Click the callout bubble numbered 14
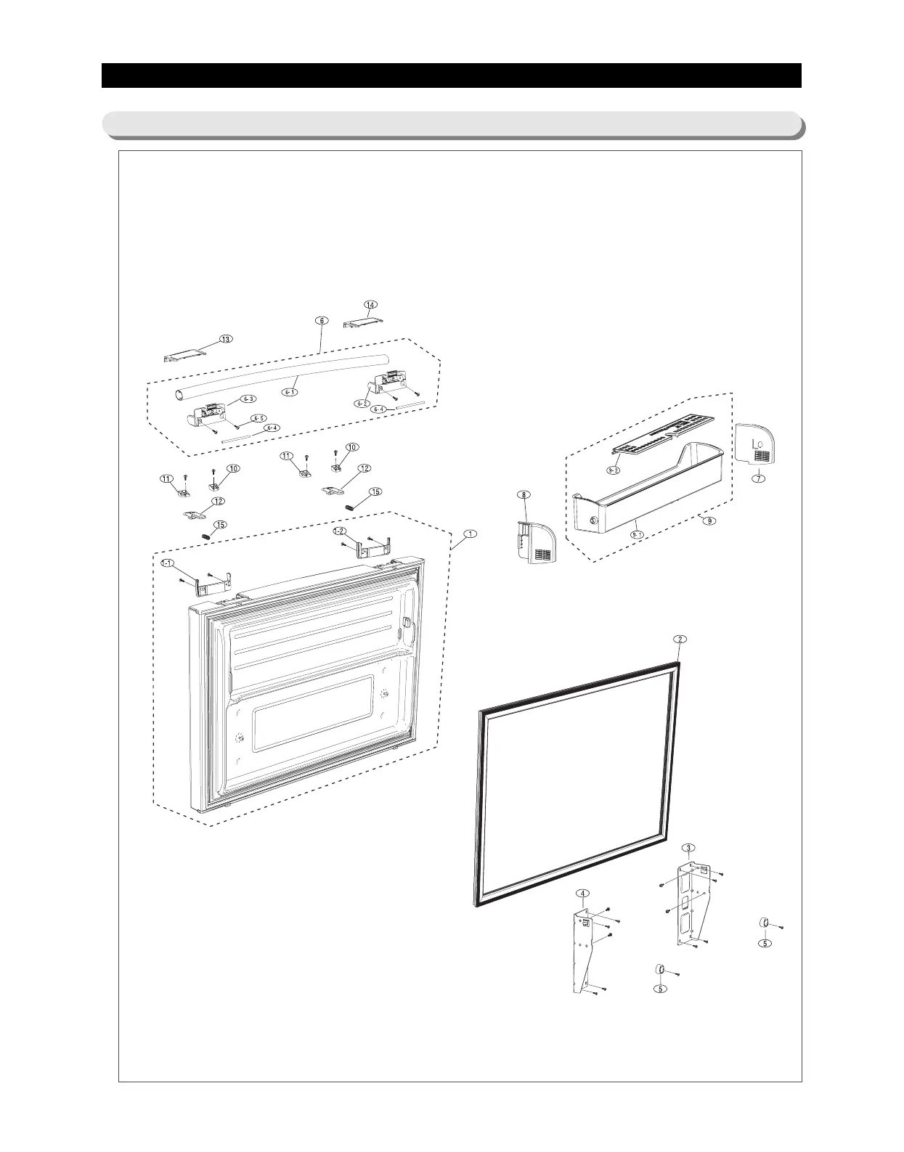(x=371, y=304)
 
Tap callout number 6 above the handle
(x=322, y=320)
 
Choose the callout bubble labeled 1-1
(x=168, y=563)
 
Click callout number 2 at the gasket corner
(x=680, y=639)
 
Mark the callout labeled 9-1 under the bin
(x=637, y=534)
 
